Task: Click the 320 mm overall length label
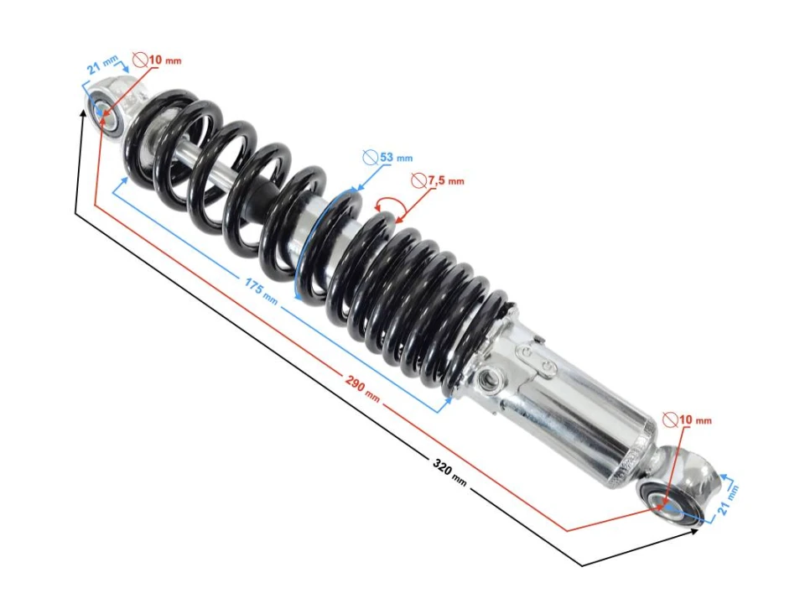[x=449, y=471]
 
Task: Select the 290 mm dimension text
[x=362, y=385]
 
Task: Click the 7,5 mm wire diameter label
[x=445, y=180]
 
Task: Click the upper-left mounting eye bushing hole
[x=103, y=112]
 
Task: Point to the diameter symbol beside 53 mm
[x=370, y=157]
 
